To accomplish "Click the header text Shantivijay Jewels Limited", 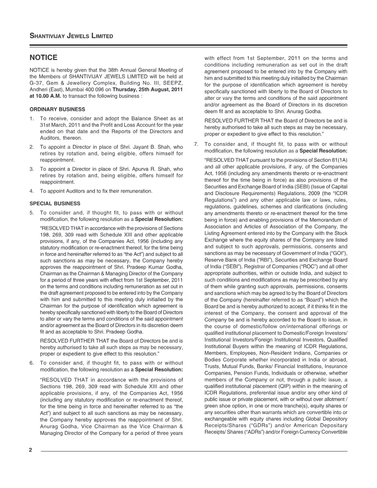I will [x=71, y=36].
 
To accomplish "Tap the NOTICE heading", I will [x=44, y=58].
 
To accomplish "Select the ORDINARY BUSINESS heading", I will [x=57, y=109].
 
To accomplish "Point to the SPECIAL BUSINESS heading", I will [x=55, y=203].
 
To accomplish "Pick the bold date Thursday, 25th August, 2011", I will [x=148, y=89].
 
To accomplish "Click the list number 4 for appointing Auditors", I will [x=32, y=191].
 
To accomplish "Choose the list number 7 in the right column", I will [x=196, y=144].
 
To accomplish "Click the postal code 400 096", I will [x=94, y=89].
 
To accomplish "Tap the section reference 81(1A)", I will [x=338, y=160].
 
